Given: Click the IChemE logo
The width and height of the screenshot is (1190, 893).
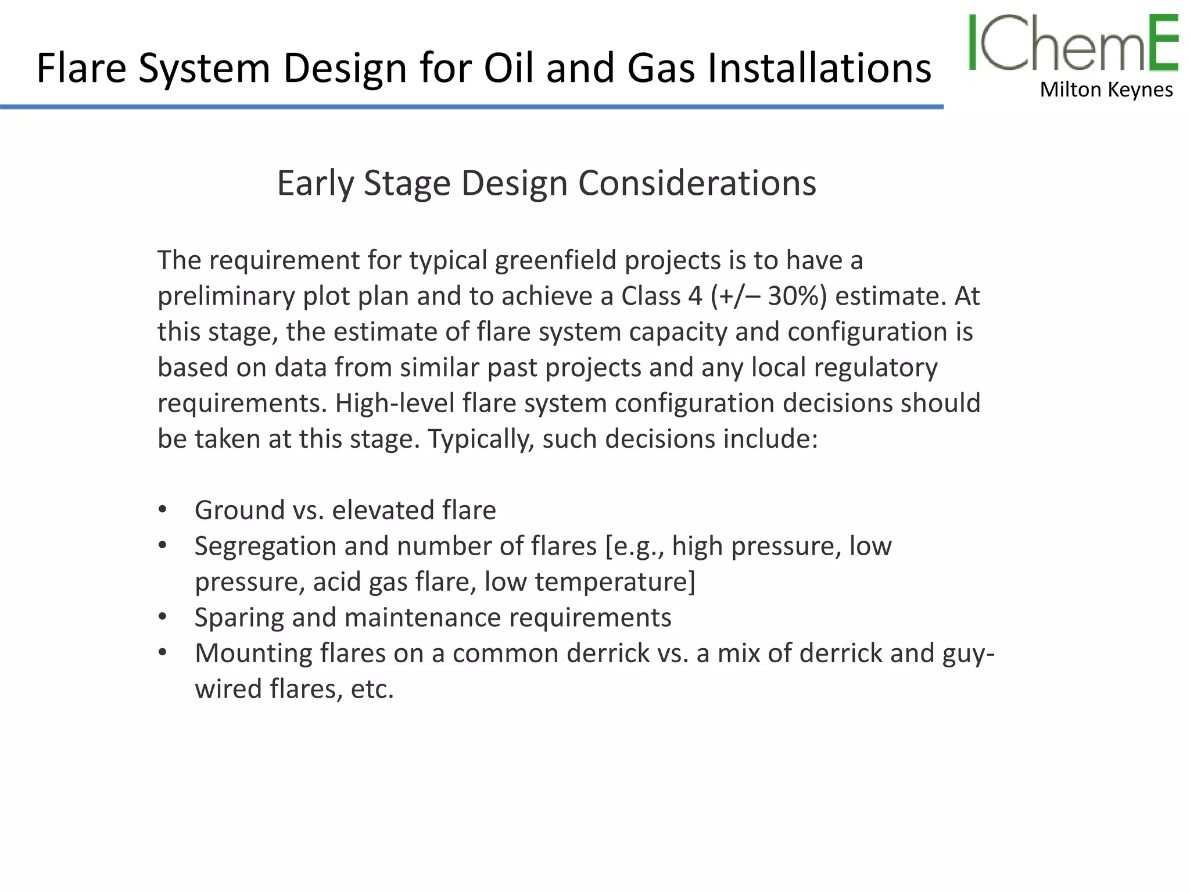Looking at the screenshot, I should [1073, 43].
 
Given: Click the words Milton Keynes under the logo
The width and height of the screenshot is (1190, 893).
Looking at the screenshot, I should [1106, 90].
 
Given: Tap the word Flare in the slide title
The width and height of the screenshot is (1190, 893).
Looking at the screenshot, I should [81, 68].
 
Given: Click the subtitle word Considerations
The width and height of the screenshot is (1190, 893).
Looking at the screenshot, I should [697, 183].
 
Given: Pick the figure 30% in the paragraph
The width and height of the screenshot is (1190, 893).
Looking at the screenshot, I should [797, 296].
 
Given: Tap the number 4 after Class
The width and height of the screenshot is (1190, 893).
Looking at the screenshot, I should [695, 296].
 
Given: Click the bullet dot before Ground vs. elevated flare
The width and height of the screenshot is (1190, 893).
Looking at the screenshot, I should [163, 510].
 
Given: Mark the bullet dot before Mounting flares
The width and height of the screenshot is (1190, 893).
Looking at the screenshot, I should [163, 653].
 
